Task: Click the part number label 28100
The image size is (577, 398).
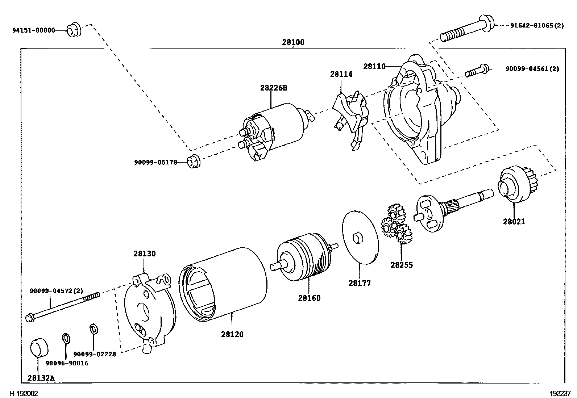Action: tap(293, 42)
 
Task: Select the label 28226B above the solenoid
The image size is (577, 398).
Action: tap(273, 88)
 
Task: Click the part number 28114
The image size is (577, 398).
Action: tap(341, 74)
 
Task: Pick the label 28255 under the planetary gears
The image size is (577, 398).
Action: tap(402, 265)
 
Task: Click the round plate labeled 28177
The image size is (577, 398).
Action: tap(360, 237)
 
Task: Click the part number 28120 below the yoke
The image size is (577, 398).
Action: tap(232, 334)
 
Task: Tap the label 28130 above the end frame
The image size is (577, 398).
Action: tap(144, 254)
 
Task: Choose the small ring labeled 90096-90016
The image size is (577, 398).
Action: tap(66, 338)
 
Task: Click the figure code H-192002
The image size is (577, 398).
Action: tap(24, 393)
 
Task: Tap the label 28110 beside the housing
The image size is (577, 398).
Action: tap(374, 67)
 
